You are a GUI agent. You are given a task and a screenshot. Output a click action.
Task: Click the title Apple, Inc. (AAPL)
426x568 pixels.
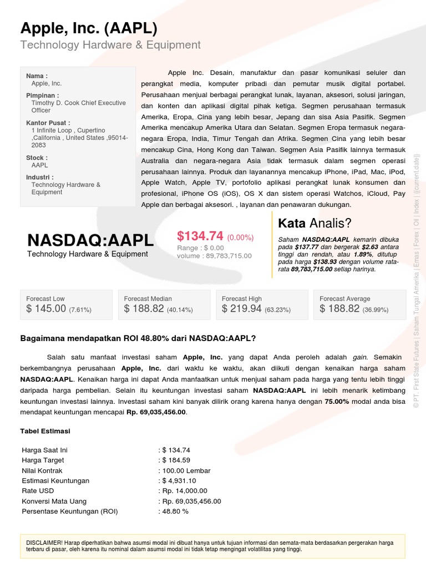[x=89, y=28]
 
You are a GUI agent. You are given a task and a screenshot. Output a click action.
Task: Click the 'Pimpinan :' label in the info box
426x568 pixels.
[x=42, y=95]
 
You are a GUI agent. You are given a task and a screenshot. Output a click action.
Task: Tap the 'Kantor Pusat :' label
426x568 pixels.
[x=48, y=123]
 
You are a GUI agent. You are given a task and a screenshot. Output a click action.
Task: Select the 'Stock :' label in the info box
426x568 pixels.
[x=37, y=158]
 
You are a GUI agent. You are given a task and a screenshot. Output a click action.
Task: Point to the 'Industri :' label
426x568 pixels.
[x=40, y=177]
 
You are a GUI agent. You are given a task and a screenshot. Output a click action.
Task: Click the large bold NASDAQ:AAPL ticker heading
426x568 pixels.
[x=90, y=240]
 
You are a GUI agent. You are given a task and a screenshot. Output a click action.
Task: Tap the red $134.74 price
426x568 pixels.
[x=200, y=236]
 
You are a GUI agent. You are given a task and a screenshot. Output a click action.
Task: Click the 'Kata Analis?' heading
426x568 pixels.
[x=315, y=224]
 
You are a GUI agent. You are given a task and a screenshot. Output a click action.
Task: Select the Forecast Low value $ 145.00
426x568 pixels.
[x=46, y=309]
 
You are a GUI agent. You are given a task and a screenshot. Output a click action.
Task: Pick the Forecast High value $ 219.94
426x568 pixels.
[x=242, y=309]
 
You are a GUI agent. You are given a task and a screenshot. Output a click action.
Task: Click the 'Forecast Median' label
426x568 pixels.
[x=148, y=298]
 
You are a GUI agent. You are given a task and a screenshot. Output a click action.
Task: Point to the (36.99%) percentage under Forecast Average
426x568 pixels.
[x=376, y=310]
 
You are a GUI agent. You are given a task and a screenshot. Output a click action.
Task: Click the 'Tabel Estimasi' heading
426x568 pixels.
[x=45, y=431]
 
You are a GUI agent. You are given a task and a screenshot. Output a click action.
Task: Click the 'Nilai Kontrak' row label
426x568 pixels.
[x=42, y=470]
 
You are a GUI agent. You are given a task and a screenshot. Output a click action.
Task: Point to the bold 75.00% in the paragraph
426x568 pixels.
[x=337, y=402]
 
